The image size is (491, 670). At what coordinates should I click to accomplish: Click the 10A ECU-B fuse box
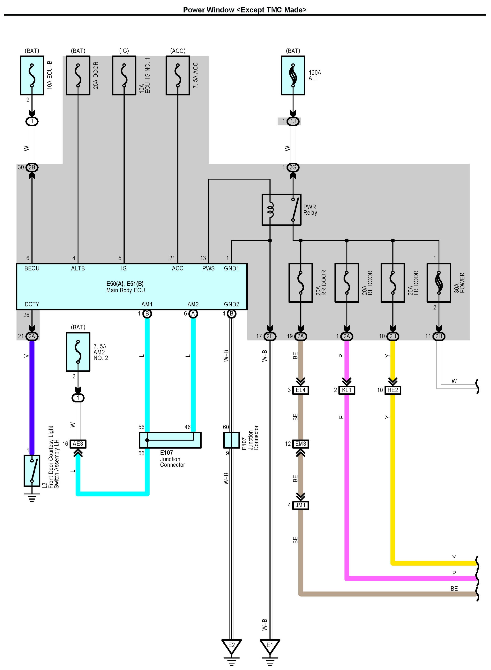[x=32, y=75]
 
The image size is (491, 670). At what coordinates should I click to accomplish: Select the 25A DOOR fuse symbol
[x=78, y=75]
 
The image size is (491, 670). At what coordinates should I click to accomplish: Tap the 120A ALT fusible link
[x=293, y=75]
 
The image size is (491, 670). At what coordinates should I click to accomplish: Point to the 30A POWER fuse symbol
[x=439, y=283]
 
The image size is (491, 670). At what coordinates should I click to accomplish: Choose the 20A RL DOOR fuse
[x=347, y=283]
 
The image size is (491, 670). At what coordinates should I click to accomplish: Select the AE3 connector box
[x=78, y=444]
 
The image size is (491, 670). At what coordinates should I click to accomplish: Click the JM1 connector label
[x=301, y=505]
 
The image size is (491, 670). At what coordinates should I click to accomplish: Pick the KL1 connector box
[x=347, y=390]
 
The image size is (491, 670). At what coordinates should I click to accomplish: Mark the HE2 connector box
[x=393, y=390]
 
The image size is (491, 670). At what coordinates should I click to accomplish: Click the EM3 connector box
[x=301, y=444]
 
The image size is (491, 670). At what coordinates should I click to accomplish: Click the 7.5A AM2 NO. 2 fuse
[x=78, y=352]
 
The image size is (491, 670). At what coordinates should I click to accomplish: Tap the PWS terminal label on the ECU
[x=208, y=268]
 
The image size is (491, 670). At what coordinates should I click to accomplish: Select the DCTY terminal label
[x=32, y=304]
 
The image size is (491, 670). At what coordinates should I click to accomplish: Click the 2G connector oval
[x=293, y=167]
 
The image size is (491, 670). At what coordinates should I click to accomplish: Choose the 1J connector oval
[x=293, y=121]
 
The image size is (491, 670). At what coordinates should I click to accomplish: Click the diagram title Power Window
[x=209, y=10]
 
